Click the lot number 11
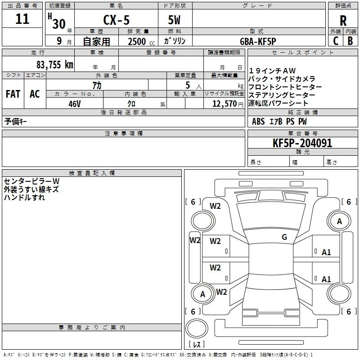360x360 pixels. (22, 19)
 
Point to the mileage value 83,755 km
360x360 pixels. (55, 65)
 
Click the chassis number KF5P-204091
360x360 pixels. (302, 144)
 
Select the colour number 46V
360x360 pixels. (74, 103)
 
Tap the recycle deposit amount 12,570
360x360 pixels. (224, 103)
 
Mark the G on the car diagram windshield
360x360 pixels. (284, 237)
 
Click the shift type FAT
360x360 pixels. (13, 94)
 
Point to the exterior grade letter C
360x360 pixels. (336, 41)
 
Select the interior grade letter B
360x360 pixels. (350, 41)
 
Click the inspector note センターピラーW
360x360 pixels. (32, 181)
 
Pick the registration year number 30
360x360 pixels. (58, 23)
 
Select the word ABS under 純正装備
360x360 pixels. (258, 121)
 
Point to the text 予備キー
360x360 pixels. (16, 121)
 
